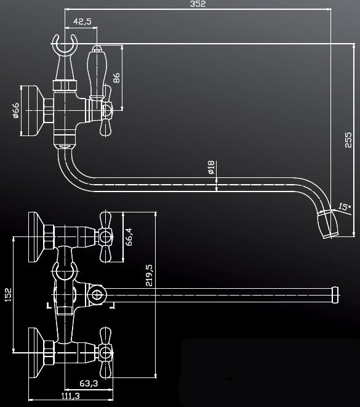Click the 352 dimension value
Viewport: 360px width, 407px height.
[198, 4]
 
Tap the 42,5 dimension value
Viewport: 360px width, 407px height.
[82, 22]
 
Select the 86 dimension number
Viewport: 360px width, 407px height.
[116, 78]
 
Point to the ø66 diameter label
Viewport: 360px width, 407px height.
[16, 110]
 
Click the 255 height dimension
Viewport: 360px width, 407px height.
[348, 140]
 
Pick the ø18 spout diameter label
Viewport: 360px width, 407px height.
[211, 167]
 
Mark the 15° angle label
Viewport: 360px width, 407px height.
[344, 207]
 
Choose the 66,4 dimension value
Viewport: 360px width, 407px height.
[129, 236]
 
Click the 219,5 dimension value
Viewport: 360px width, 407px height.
[149, 275]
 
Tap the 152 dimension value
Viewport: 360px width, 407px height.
[8, 294]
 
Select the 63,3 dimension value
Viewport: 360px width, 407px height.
[89, 383]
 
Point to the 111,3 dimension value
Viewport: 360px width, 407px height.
[71, 396]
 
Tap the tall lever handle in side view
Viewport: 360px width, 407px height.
[97, 73]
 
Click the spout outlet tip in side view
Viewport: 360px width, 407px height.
[329, 225]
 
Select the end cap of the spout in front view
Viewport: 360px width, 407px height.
[336, 295]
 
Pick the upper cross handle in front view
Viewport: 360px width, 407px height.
[106, 236]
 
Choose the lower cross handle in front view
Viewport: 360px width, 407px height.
[106, 353]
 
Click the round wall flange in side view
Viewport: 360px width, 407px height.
[31, 111]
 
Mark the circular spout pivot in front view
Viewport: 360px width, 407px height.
[97, 295]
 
